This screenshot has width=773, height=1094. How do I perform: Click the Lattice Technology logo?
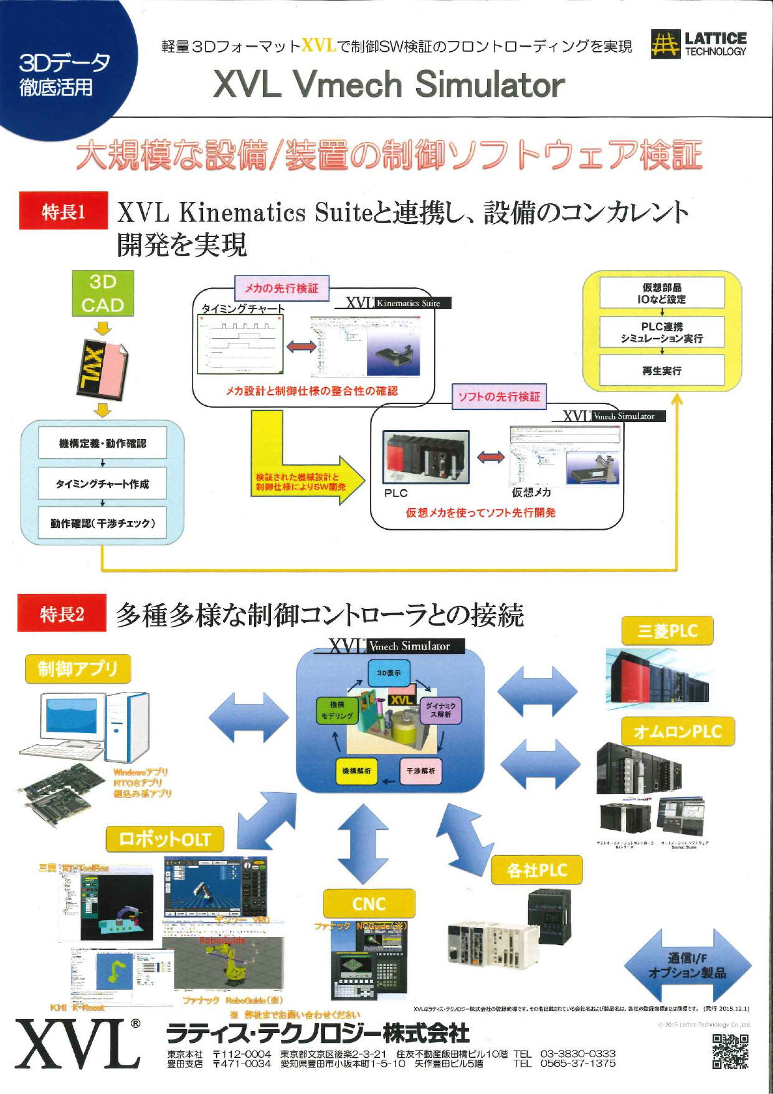(x=698, y=44)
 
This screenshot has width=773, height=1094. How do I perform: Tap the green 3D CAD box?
(x=103, y=294)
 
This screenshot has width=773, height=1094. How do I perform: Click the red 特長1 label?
(x=63, y=211)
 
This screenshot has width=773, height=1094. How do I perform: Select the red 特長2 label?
(x=62, y=613)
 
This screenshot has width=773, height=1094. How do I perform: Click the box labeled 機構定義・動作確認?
(x=103, y=443)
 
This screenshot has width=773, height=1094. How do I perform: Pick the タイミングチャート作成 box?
(x=103, y=484)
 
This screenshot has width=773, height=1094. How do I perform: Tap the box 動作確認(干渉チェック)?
(x=103, y=523)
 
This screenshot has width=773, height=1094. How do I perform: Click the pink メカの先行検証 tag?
(x=282, y=288)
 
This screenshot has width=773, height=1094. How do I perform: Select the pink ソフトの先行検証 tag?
(x=499, y=396)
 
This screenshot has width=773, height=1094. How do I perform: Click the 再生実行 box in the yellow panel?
(x=662, y=371)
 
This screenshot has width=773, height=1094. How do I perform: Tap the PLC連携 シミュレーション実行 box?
(x=662, y=332)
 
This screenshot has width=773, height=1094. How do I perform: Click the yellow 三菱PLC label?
(x=667, y=631)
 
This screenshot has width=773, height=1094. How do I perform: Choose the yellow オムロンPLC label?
(x=678, y=731)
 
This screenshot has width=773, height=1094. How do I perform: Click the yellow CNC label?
(x=369, y=903)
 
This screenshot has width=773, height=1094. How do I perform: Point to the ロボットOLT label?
(x=164, y=838)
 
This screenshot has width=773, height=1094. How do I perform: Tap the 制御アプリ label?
(x=78, y=669)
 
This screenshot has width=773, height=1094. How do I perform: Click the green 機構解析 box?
(x=356, y=771)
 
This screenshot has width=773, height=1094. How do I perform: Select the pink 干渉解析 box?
(x=420, y=771)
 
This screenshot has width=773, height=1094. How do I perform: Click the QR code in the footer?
(x=730, y=1052)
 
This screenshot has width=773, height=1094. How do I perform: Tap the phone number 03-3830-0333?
(x=577, y=1053)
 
